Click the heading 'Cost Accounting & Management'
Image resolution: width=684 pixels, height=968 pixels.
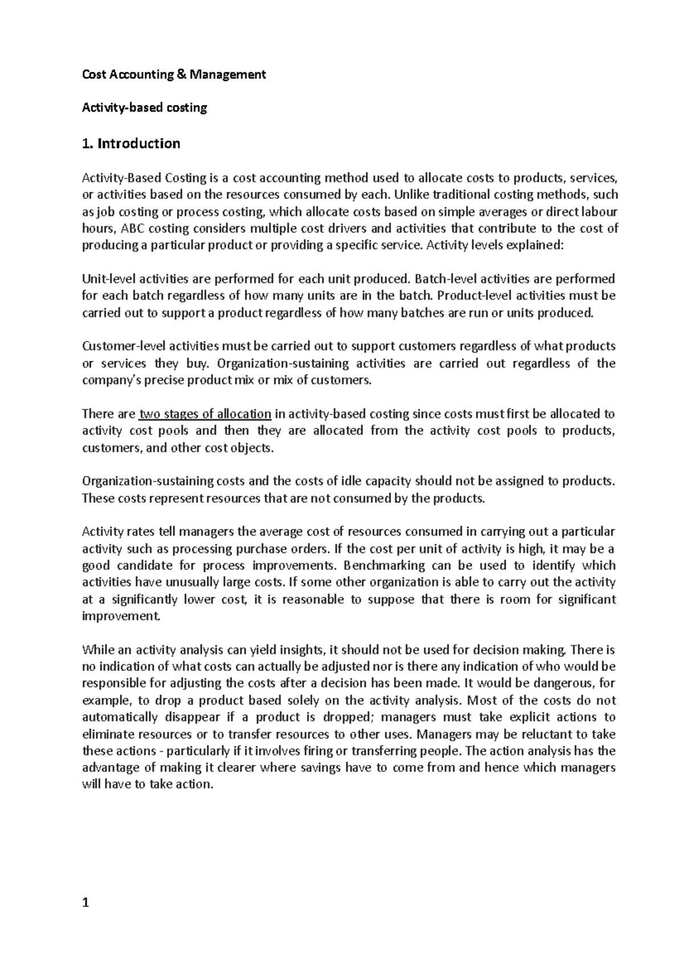click(174, 74)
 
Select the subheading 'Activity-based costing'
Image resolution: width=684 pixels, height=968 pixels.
click(144, 108)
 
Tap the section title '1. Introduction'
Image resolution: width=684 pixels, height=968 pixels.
click(131, 143)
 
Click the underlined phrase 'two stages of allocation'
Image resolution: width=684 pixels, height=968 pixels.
click(205, 414)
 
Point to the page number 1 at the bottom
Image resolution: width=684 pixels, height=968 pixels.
click(85, 902)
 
